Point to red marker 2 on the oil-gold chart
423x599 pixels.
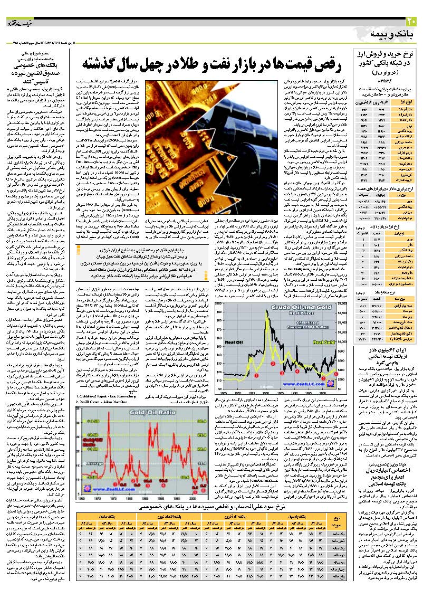(273, 364)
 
